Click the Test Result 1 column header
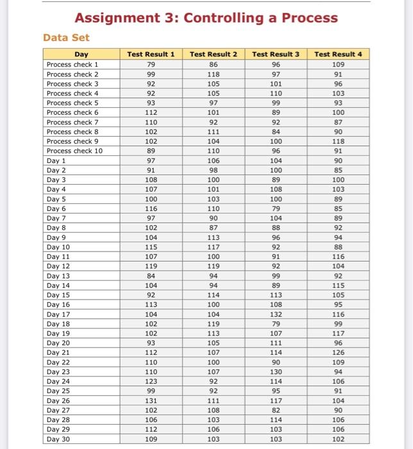tap(151, 55)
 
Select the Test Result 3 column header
tap(276, 55)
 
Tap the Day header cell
tap(81, 55)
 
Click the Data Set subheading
tap(66, 38)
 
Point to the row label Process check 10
tap(74, 151)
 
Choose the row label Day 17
tap(58, 314)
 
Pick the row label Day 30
tap(58, 439)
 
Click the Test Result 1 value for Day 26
tap(151, 401)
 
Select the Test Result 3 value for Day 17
tap(276, 314)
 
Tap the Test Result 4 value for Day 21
tap(338, 353)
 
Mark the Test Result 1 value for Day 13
tap(151, 276)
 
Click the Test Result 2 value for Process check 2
tap(214, 74)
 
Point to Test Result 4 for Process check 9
tap(338, 141)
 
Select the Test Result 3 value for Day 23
tap(276, 372)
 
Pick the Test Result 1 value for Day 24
tap(151, 382)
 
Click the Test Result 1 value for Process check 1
tap(151, 64)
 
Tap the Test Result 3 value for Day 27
tap(276, 411)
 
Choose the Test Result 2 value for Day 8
tap(214, 228)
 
